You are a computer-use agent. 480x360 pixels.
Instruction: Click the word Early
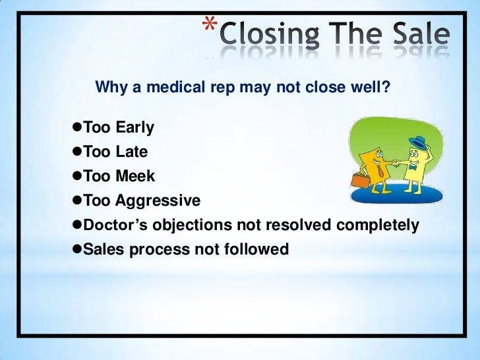[x=135, y=128]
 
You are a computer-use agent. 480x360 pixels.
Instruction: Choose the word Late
[x=131, y=152]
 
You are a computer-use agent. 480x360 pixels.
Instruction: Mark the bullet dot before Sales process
[x=75, y=249]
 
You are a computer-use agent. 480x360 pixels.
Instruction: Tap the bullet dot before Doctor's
[x=75, y=225]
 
